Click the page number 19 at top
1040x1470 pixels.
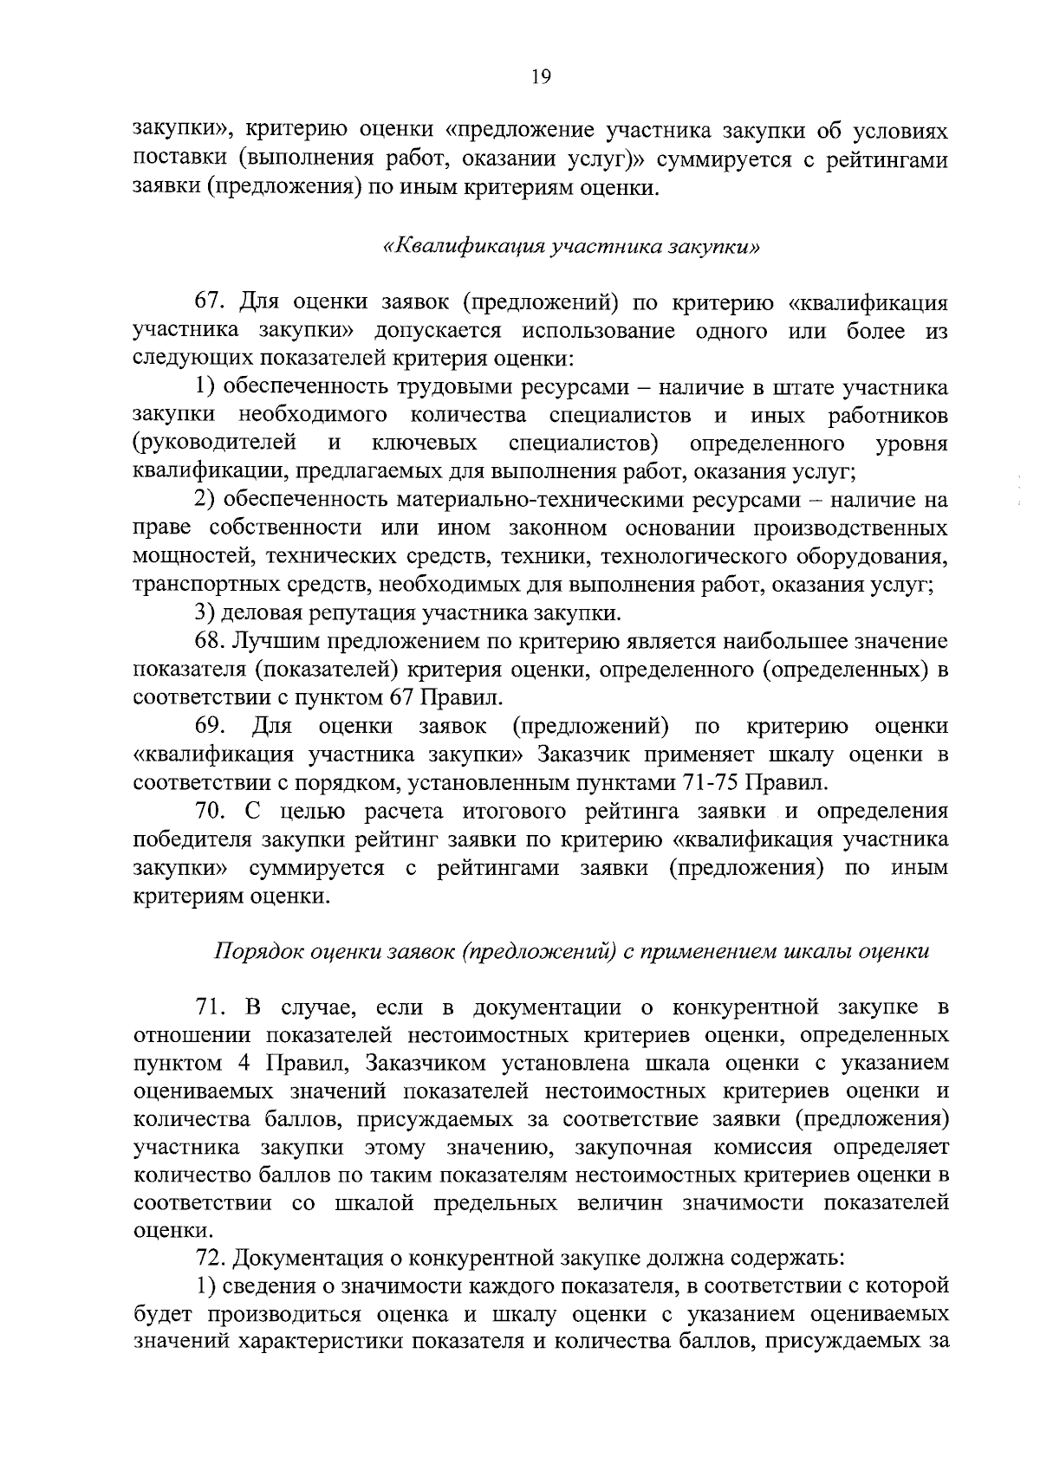pos(540,77)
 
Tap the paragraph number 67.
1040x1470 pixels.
pos(211,302)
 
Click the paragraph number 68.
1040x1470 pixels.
pos(211,641)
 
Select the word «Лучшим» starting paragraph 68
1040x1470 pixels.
pos(276,641)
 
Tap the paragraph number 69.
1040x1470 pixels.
pos(211,725)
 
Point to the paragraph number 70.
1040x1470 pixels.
pos(211,812)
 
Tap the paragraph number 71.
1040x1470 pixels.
pos(211,1007)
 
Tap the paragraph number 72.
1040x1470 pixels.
pos(211,1257)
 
